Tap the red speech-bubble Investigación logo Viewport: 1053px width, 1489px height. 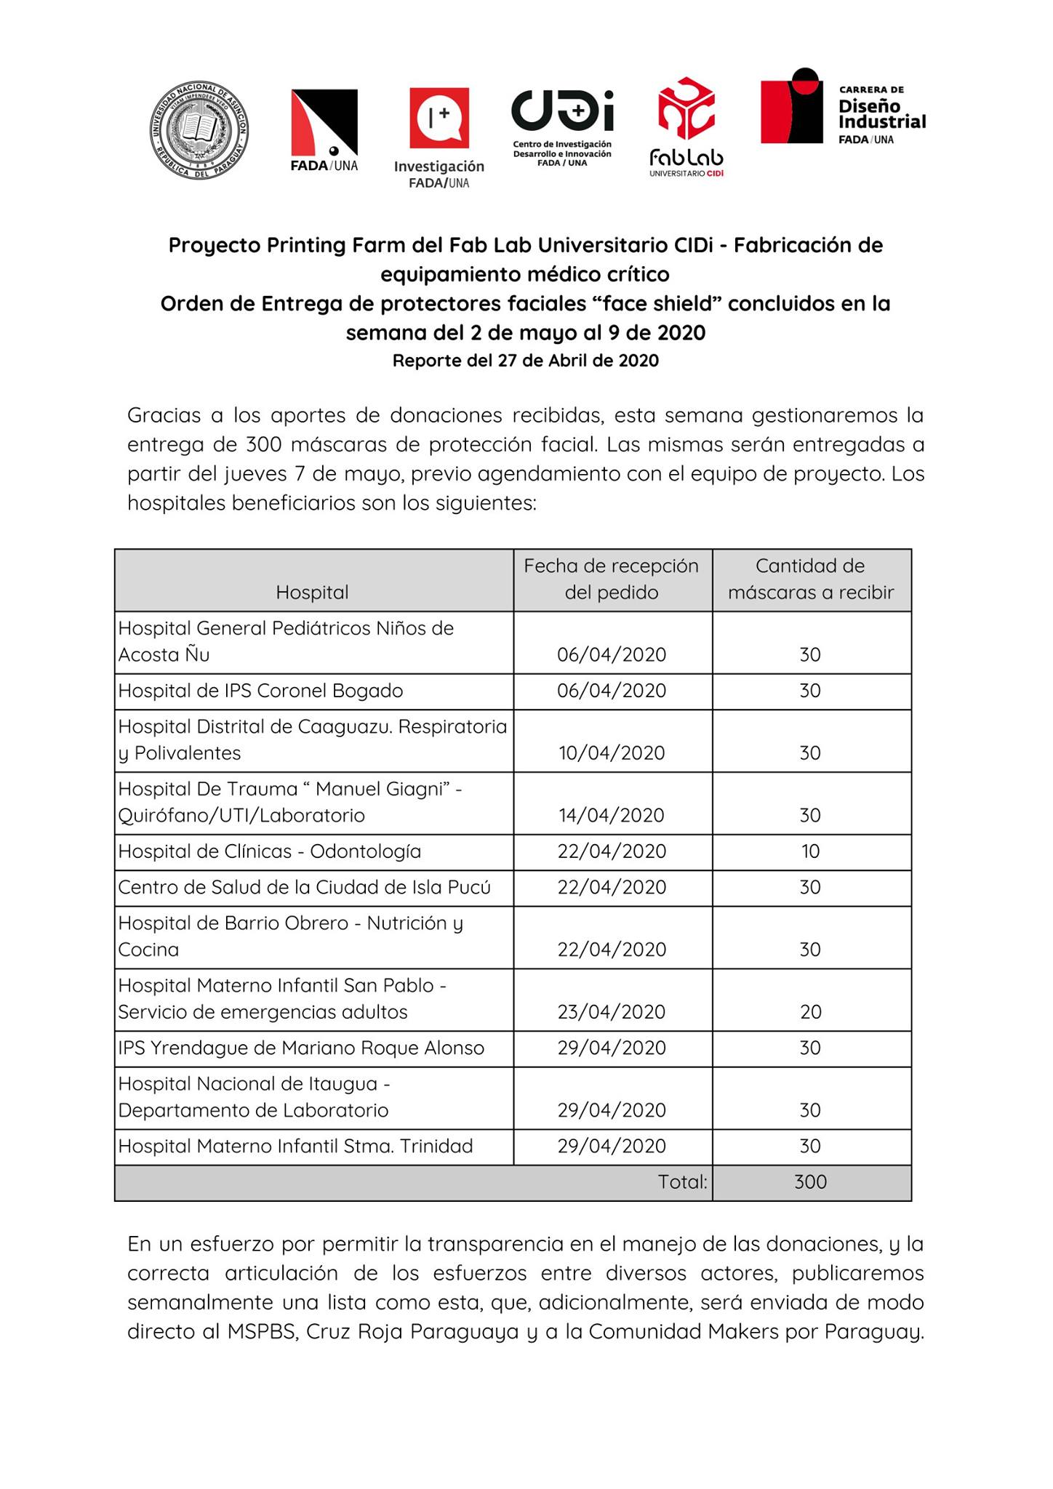(x=439, y=117)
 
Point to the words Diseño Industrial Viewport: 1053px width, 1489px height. (x=881, y=113)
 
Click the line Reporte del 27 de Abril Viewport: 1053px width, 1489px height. (x=526, y=361)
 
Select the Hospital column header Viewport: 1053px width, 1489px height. (x=312, y=593)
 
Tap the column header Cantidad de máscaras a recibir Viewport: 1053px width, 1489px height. (x=811, y=579)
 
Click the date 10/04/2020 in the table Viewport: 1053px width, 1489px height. (x=612, y=752)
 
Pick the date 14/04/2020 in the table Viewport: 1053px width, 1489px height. (x=612, y=815)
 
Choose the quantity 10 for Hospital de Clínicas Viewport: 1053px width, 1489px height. (x=811, y=851)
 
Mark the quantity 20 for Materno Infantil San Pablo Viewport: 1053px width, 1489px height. (x=811, y=1012)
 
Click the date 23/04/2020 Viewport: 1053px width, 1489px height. (x=612, y=1012)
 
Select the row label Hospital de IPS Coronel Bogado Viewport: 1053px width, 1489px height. (x=260, y=691)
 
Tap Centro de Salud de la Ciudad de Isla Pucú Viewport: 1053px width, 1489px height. (x=304, y=887)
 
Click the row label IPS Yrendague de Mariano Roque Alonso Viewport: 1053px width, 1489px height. (x=301, y=1048)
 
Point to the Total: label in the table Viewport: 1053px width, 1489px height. (x=682, y=1182)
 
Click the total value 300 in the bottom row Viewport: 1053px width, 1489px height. (x=811, y=1182)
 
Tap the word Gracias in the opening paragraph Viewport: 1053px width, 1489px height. (x=164, y=415)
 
